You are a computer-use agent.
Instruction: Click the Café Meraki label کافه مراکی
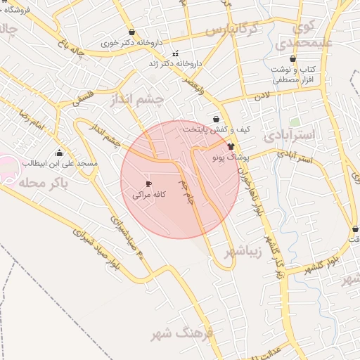point(149,195)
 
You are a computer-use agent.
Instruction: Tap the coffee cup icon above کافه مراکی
point(148,184)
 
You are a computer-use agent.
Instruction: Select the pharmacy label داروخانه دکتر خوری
point(131,42)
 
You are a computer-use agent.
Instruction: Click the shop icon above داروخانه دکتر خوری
point(132,32)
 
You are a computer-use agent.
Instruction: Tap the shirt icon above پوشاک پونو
point(231,146)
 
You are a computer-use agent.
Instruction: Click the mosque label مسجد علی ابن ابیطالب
point(58,163)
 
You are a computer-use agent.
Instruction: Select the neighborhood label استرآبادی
point(290,133)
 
